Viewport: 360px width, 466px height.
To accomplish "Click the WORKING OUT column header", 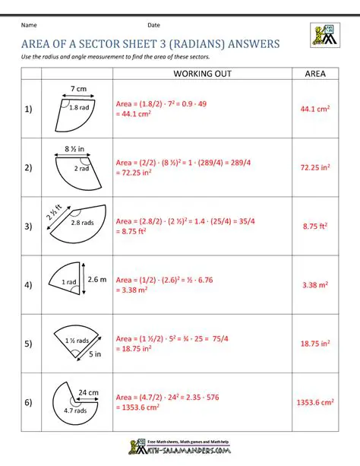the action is [x=202, y=74].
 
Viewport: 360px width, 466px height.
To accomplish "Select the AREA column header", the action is [x=315, y=74].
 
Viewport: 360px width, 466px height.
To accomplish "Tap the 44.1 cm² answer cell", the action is [x=315, y=109].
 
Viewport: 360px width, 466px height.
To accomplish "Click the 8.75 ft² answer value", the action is [x=315, y=226].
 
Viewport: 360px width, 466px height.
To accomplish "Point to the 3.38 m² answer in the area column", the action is [x=315, y=285].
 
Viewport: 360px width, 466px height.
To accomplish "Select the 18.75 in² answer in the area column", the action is [x=315, y=344].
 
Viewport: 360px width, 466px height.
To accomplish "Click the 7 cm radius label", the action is [x=77, y=90].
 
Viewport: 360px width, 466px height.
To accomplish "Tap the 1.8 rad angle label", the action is [x=79, y=108].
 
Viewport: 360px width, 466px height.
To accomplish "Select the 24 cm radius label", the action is [x=89, y=392].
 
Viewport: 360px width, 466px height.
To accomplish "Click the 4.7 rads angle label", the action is [x=75, y=411].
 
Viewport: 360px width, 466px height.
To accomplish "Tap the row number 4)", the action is [x=28, y=285].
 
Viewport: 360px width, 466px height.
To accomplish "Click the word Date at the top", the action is [x=154, y=26].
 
